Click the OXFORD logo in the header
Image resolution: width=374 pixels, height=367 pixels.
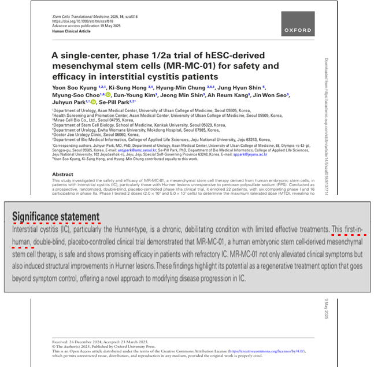point(298,29)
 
